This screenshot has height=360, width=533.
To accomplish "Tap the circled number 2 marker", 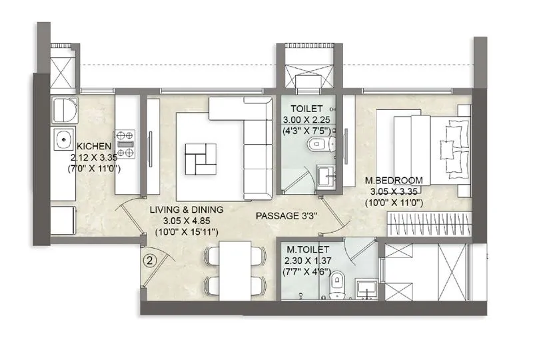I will point(151,261).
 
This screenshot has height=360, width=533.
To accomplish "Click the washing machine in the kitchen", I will point(61,219).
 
